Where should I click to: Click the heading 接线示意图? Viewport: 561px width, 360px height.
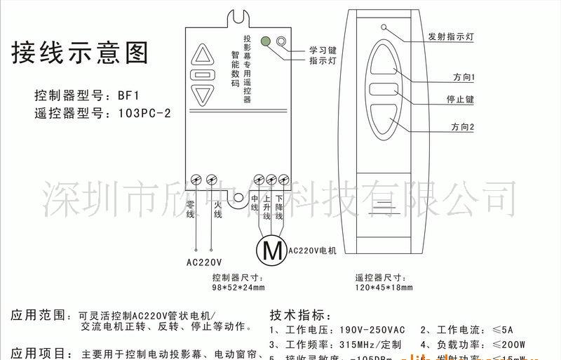[x=81, y=53]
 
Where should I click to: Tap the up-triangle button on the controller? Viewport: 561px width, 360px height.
[x=202, y=55]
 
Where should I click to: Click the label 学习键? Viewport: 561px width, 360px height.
[x=323, y=50]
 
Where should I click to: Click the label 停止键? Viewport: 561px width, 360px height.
[x=460, y=100]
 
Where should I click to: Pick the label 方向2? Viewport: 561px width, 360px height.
[x=462, y=127]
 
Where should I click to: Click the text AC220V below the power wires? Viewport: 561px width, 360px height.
[x=204, y=264]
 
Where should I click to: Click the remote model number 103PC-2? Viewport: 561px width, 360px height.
[x=144, y=112]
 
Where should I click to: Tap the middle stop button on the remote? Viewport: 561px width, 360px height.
[x=384, y=90]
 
